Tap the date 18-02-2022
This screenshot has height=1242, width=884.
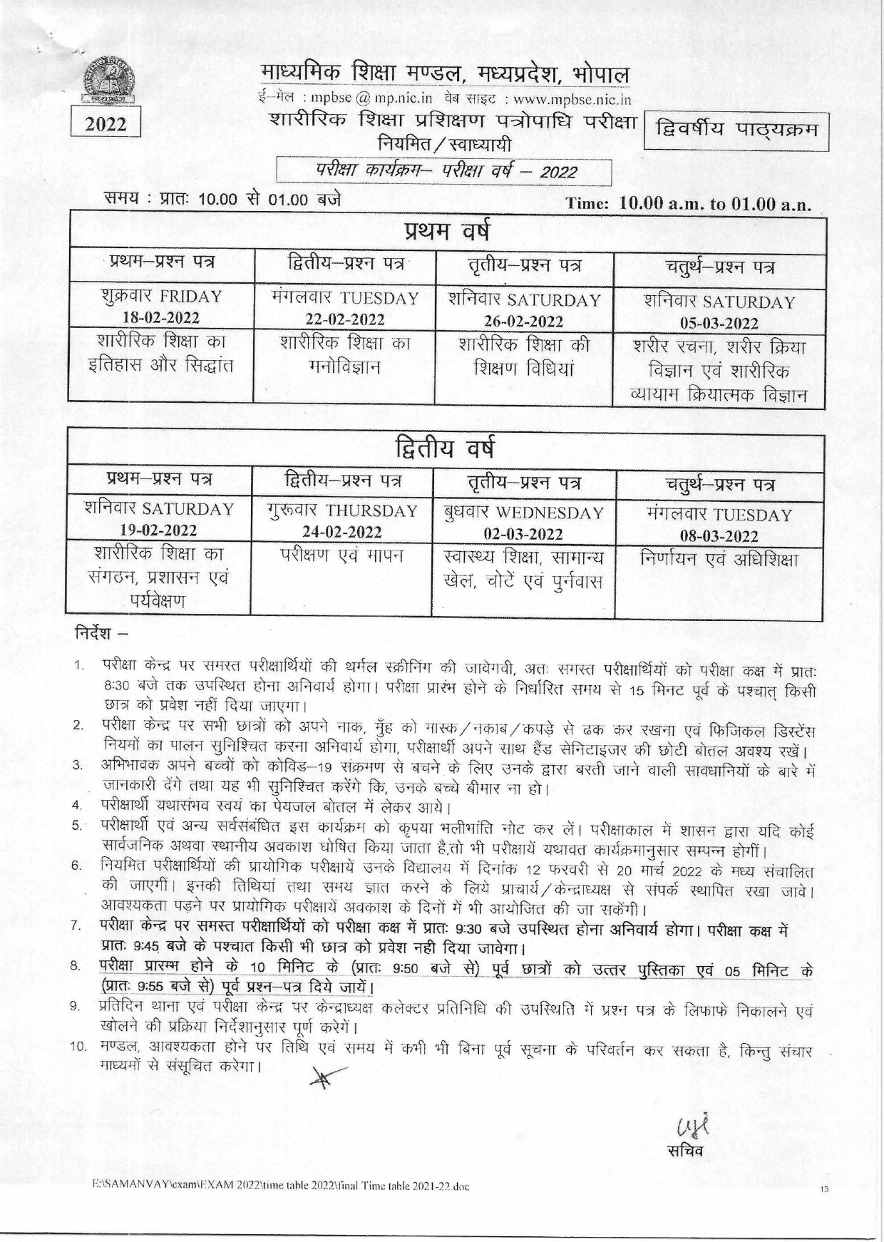(161, 317)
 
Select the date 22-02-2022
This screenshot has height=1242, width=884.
(345, 319)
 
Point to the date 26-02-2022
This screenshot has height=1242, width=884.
(524, 321)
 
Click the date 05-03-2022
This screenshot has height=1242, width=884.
(719, 323)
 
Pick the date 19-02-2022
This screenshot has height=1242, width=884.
(159, 530)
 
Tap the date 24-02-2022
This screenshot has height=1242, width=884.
(342, 532)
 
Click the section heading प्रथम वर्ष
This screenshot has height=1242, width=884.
(446, 233)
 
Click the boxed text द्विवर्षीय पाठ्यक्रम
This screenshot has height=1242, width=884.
(736, 131)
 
